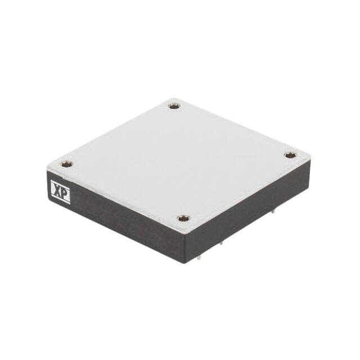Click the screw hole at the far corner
(x=174, y=105)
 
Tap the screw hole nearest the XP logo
(x=66, y=164)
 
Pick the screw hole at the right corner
(x=289, y=155)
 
